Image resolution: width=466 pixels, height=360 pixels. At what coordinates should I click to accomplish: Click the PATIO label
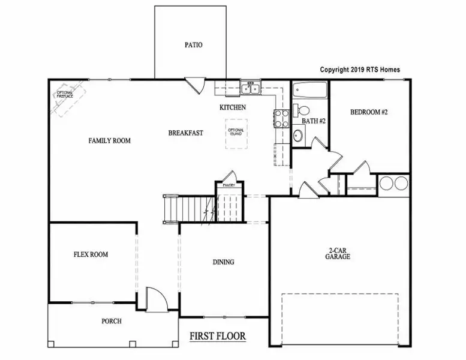tap(193, 45)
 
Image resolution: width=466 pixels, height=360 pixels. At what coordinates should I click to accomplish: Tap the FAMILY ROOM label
tap(109, 140)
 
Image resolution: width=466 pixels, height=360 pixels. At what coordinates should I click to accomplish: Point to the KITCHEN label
tap(232, 107)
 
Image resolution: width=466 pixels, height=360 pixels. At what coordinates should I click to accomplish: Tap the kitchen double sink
tap(250, 89)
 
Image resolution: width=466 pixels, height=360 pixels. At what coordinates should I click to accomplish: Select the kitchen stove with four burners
tap(281, 119)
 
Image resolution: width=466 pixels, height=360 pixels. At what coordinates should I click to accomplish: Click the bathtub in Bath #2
tap(311, 92)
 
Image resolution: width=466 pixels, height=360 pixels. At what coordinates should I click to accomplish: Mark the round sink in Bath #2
tap(299, 136)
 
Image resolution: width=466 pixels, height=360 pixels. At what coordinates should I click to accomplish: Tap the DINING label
tap(223, 262)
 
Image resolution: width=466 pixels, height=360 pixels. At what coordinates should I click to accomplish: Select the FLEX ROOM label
tap(91, 254)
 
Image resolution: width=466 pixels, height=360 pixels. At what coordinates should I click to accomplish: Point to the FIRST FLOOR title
tap(218, 336)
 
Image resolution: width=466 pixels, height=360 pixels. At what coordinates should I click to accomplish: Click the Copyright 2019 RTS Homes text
tap(360, 70)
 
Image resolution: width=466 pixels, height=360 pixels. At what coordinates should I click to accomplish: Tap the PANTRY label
tap(229, 185)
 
